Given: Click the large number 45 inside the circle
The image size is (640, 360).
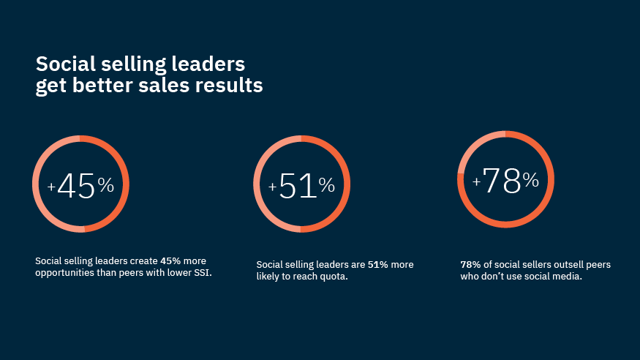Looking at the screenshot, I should point(76,187).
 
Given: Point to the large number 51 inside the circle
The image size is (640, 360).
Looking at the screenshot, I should point(298,187).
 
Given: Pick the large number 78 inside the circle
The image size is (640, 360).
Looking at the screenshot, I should point(502,181).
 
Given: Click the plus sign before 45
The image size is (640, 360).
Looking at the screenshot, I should point(51,187).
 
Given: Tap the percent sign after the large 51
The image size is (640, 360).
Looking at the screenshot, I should point(326,186).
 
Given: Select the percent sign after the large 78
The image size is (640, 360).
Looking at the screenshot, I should point(530,180).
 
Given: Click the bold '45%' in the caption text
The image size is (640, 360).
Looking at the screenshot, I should point(171,261).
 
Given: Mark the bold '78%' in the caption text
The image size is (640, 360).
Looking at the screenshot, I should point(470,264).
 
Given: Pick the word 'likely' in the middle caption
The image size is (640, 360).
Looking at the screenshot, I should point(269,277).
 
